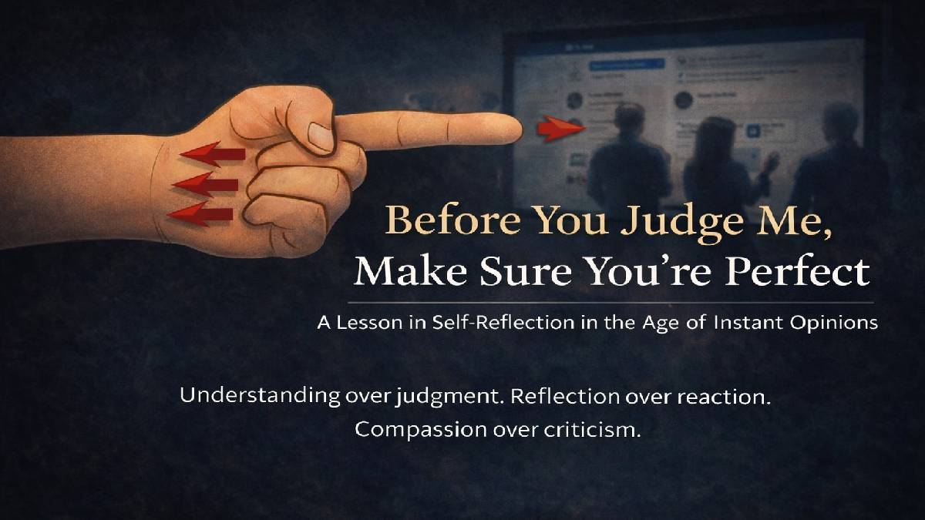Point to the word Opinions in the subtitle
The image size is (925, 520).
(x=832, y=323)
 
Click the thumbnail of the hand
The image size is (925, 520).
(x=320, y=136)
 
